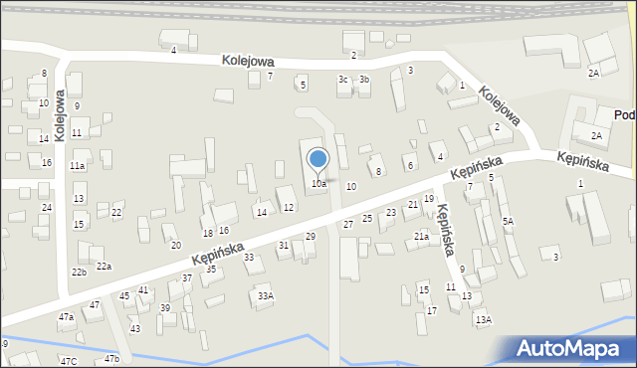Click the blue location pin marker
[x=318, y=159]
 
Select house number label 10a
[x=318, y=184]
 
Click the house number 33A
[x=265, y=295]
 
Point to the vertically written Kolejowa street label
[x=60, y=115]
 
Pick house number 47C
[x=68, y=361]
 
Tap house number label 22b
[x=79, y=272]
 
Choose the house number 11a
[x=77, y=166]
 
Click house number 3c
[x=343, y=80]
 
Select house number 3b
[x=364, y=80]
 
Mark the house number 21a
[x=421, y=237]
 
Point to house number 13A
[x=483, y=319]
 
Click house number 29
[x=311, y=236]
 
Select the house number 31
[x=284, y=245]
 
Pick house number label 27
[x=348, y=225]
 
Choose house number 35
[x=211, y=269]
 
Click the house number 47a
[x=66, y=316]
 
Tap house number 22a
[x=104, y=266]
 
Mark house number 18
[x=208, y=233]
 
